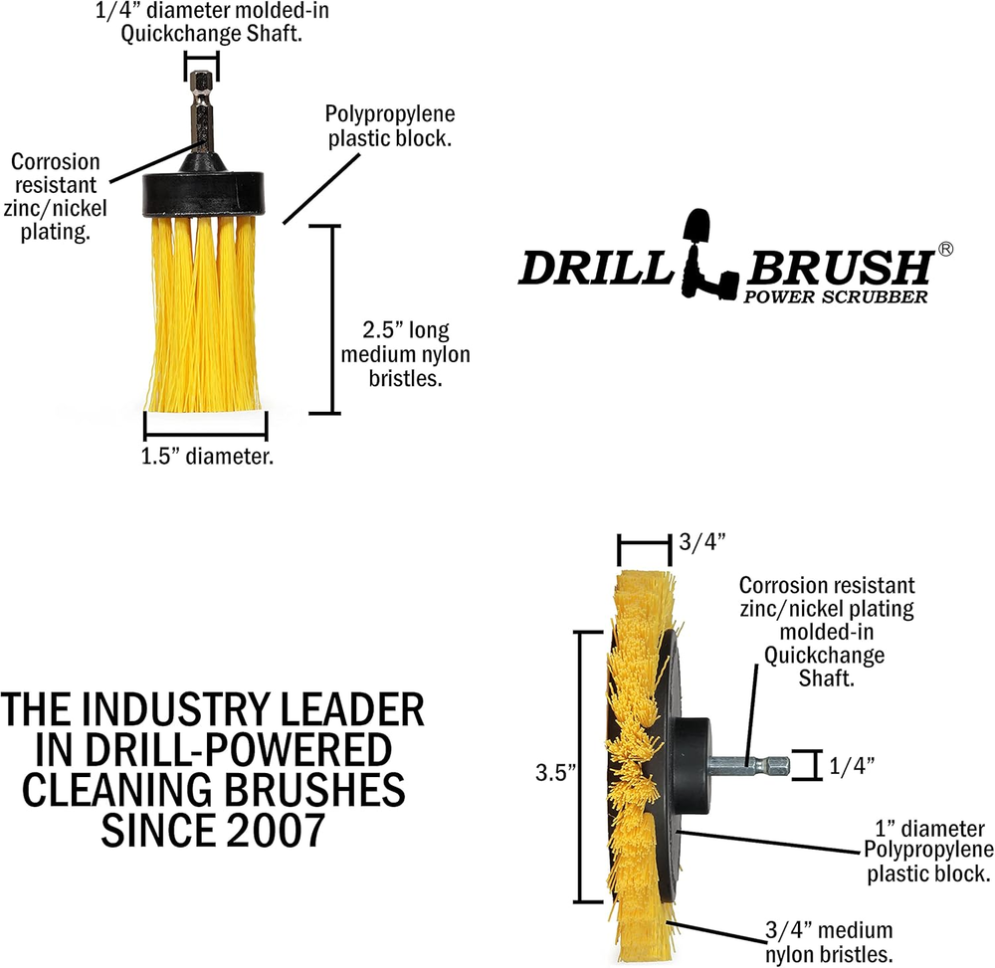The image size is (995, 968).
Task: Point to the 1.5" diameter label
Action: [x=208, y=457]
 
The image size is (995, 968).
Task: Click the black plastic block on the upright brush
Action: [x=205, y=191]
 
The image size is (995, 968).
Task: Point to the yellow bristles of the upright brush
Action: [x=205, y=318]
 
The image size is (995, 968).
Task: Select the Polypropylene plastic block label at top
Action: [x=390, y=126]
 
